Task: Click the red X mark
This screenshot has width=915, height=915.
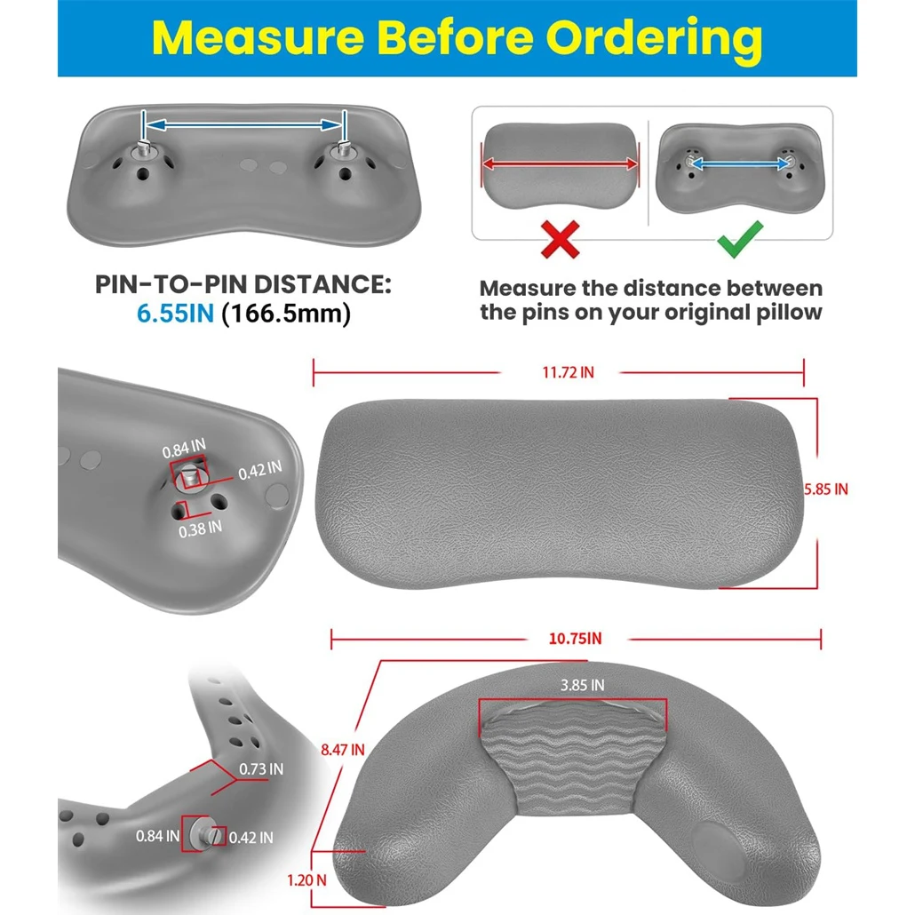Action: coord(561,239)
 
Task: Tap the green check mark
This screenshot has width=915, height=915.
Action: coord(740,239)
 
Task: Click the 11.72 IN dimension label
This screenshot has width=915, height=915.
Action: coord(568,372)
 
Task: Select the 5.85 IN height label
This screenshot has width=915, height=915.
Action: coord(825,489)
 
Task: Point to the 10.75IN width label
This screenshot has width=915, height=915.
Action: coord(575,639)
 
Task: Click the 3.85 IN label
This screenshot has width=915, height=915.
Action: coord(583,685)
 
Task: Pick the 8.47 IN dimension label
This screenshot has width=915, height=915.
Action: coord(343,749)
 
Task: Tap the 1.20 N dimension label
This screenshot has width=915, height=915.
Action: coord(307,880)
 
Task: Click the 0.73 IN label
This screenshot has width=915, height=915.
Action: coord(261,769)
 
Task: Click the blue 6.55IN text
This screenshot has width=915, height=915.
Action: coord(176,314)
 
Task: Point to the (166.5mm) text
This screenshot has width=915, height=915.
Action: coord(287,314)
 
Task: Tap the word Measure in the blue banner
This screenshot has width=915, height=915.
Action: coord(258,37)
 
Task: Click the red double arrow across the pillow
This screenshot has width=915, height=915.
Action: coord(561,164)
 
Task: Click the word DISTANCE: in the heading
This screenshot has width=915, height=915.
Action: coord(322,285)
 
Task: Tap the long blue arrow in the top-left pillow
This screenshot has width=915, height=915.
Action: coord(243,124)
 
